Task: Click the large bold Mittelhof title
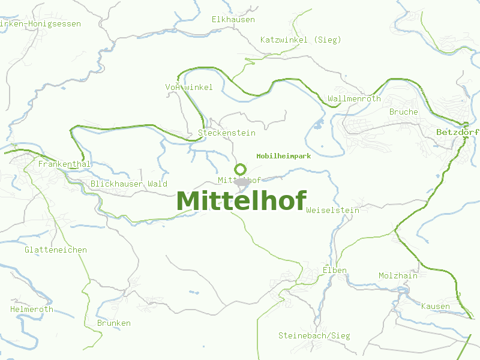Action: coord(241,200)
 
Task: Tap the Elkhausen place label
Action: coord(233,19)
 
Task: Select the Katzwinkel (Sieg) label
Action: coord(301,40)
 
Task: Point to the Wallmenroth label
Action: coord(354,98)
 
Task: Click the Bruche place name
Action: coord(403,112)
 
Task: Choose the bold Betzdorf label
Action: coord(458,131)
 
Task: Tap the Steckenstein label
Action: coord(226,133)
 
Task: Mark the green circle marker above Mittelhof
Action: coord(241,169)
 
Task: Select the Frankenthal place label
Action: coord(64,164)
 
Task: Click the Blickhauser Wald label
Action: coord(128,184)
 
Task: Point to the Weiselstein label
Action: coord(332,210)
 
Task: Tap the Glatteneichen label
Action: coord(56,250)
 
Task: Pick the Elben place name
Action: coord(335,270)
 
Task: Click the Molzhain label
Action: coord(398,275)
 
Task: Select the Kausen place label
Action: coord(435,306)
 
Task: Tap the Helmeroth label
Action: coord(31,309)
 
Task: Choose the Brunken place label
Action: coord(113,323)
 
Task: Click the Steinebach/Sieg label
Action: coord(314,335)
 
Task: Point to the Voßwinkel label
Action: coord(188,87)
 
